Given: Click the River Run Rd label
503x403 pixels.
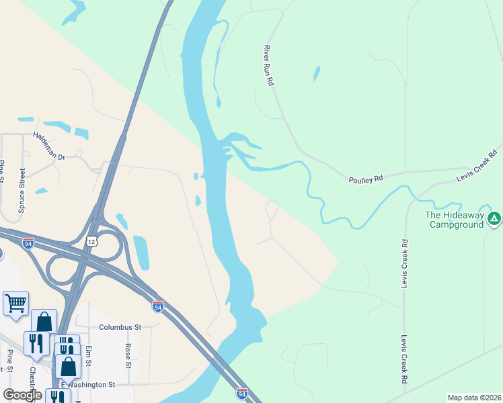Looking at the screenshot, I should pyautogui.click(x=270, y=65).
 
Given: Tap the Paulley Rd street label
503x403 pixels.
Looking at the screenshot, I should pyautogui.click(x=365, y=179).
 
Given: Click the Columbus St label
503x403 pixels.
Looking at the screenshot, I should pyautogui.click(x=120, y=327).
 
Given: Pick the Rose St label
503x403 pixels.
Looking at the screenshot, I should pyautogui.click(x=128, y=356).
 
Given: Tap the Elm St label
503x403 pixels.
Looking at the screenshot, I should pyautogui.click(x=88, y=356).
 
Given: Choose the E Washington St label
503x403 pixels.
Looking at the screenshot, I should pyautogui.click(x=88, y=385).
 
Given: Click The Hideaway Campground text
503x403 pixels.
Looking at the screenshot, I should pyautogui.click(x=454, y=220).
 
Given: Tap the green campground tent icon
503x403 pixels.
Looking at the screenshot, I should pyautogui.click(x=494, y=218).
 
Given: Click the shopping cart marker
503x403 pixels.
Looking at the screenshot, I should pyautogui.click(x=15, y=302).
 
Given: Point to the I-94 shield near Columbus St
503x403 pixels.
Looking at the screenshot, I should pyautogui.click(x=157, y=306).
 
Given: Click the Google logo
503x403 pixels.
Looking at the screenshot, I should pyautogui.click(x=22, y=395).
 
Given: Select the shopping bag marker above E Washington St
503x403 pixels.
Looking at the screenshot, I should pyautogui.click(x=68, y=366).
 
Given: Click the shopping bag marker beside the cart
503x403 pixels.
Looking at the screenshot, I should pyautogui.click(x=44, y=320).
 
